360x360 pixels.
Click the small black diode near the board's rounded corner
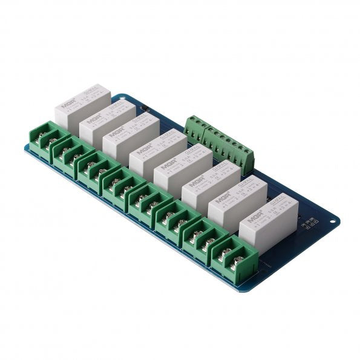(145, 109)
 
